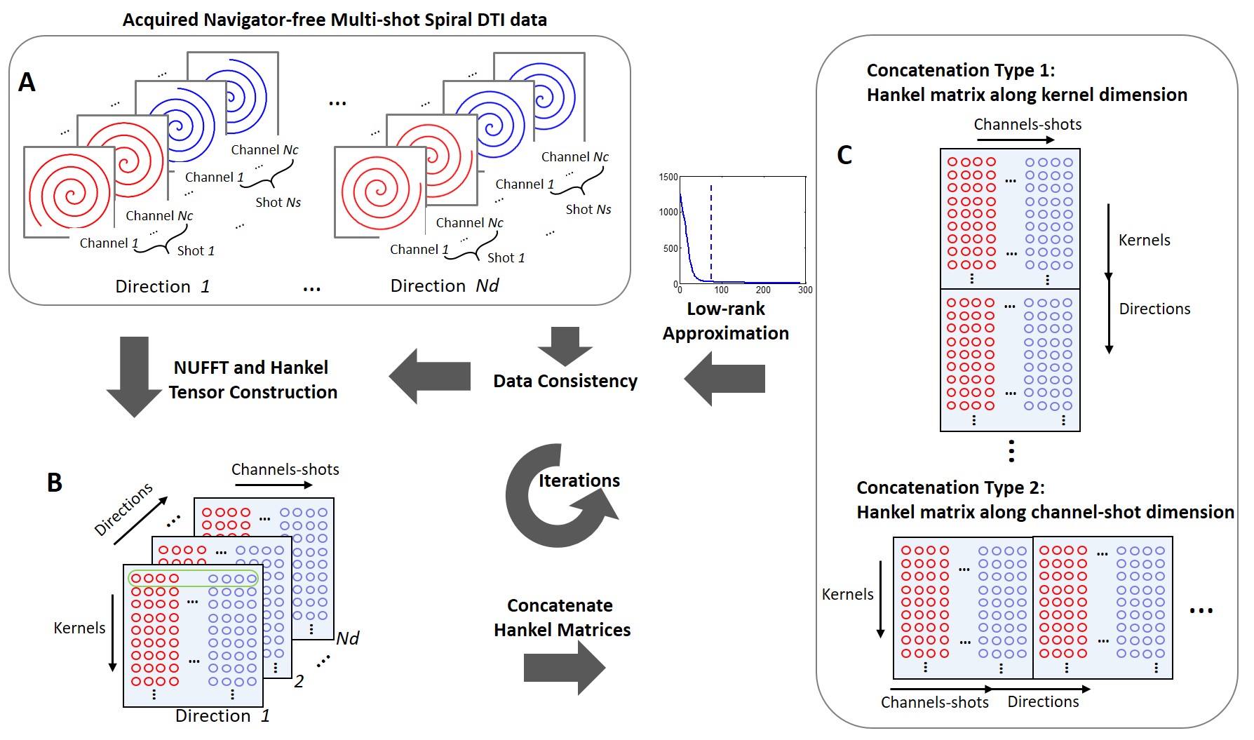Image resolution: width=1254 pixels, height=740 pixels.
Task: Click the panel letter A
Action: pyautogui.click(x=27, y=83)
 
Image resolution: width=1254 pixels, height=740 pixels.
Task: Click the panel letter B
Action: pyautogui.click(x=54, y=483)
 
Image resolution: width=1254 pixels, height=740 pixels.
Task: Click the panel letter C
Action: pyautogui.click(x=844, y=155)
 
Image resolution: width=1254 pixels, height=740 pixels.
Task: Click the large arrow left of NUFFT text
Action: pyautogui.click(x=134, y=376)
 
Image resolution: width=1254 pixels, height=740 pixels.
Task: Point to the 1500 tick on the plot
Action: pyautogui.click(x=668, y=177)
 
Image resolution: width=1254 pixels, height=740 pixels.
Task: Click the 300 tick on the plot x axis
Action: pyautogui.click(x=805, y=290)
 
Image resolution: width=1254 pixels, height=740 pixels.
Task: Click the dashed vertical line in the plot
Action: pyautogui.click(x=711, y=231)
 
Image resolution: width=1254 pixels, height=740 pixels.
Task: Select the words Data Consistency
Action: pyautogui.click(x=565, y=381)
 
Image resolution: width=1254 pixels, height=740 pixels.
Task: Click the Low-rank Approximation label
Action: pyautogui.click(x=726, y=321)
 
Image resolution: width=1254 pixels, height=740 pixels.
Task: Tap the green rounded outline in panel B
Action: pyautogui.click(x=193, y=579)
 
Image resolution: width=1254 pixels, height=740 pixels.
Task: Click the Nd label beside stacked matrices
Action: pyautogui.click(x=348, y=638)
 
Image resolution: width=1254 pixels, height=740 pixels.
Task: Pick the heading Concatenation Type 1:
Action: pyautogui.click(x=960, y=70)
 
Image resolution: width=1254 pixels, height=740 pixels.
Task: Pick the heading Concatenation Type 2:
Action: pyautogui.click(x=950, y=487)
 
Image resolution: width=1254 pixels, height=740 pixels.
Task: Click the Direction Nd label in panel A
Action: pyautogui.click(x=445, y=285)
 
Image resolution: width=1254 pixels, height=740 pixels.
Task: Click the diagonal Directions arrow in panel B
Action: pyautogui.click(x=140, y=520)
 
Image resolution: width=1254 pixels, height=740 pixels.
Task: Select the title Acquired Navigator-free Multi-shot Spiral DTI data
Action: pyautogui.click(x=335, y=20)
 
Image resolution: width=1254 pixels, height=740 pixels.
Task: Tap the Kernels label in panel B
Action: pyautogui.click(x=79, y=628)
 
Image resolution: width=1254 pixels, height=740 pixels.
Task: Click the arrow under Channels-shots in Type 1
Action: pyautogui.click(x=1015, y=140)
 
